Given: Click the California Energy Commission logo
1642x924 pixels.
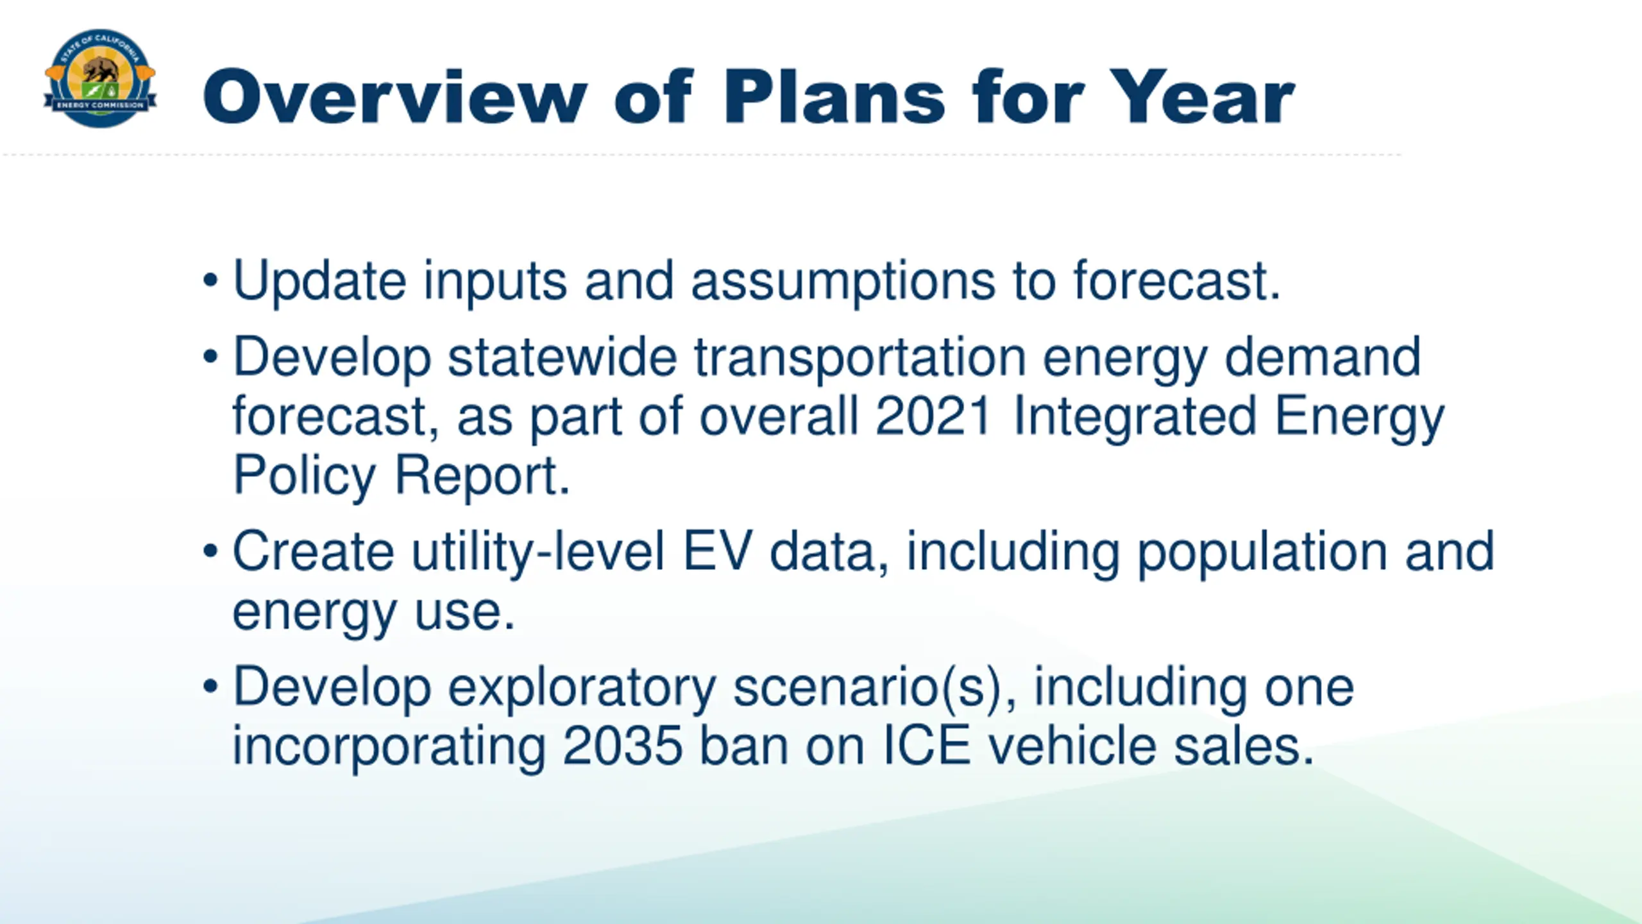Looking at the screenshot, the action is [100, 78].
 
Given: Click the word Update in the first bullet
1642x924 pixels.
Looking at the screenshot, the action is [319, 280].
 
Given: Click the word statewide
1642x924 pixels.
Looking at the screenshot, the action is [562, 357].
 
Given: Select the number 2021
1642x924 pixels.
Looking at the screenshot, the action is [934, 416].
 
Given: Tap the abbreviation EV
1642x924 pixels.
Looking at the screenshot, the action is [716, 551].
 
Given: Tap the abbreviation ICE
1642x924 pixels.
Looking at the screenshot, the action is [927, 746].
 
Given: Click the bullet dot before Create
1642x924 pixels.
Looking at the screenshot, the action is [210, 551].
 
